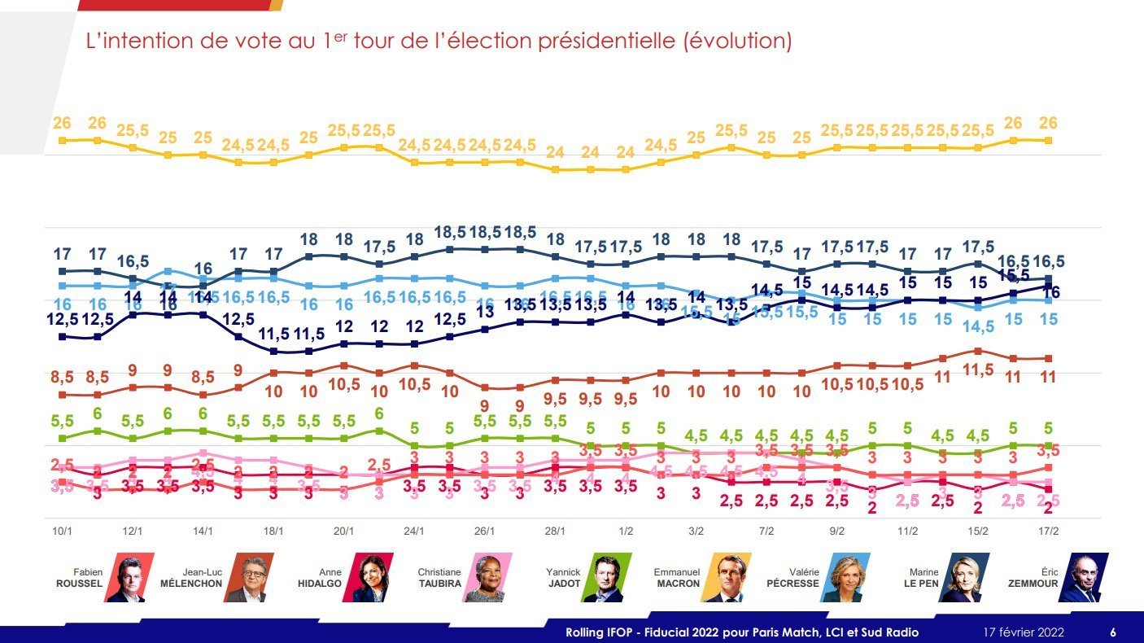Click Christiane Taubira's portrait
point(487,578)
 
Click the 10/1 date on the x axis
point(62,531)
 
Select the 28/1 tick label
point(555,531)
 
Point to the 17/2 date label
point(1049,531)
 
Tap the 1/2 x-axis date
point(626,531)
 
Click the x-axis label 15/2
point(978,531)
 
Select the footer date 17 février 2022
point(1023,632)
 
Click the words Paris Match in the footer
point(772,632)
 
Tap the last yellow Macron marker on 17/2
point(1049,141)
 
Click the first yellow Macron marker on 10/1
point(62,140)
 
